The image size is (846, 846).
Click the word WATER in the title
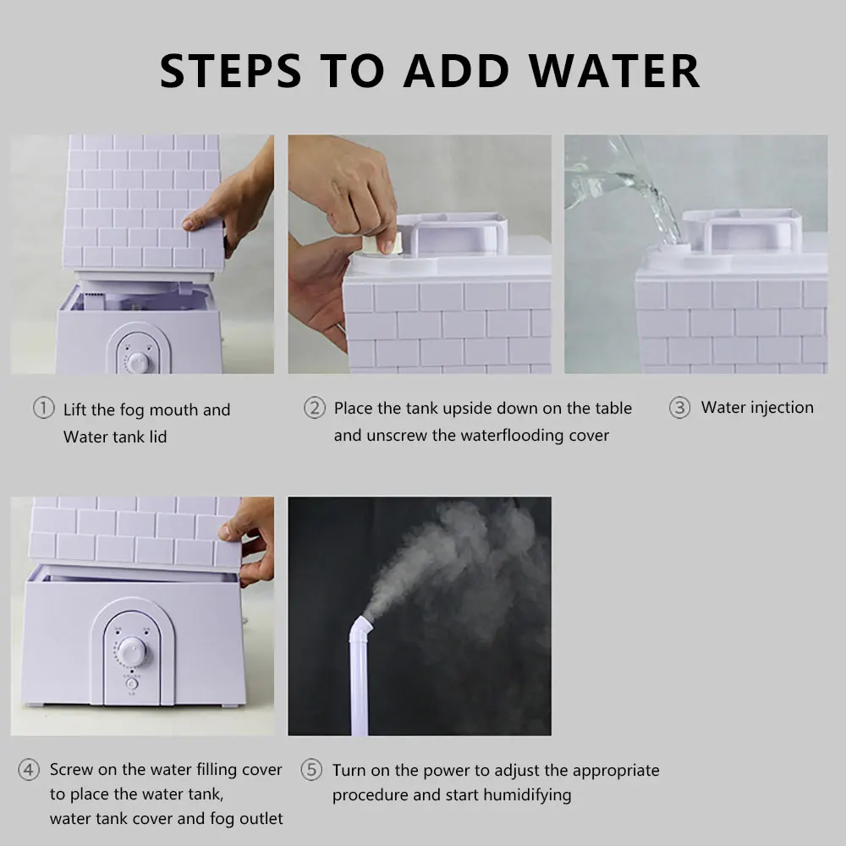[x=614, y=71]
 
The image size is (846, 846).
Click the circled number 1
[x=44, y=408]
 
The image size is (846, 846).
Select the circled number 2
[x=315, y=408]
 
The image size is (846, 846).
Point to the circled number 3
[x=680, y=408]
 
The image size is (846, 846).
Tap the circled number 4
[x=29, y=769]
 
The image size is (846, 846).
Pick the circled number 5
[x=311, y=769]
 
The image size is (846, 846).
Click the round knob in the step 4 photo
[x=133, y=651]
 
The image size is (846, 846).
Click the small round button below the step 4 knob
[x=132, y=684]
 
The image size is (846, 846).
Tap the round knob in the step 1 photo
[x=139, y=363]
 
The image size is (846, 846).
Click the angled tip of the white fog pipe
[x=361, y=626]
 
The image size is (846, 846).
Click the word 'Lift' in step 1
[x=74, y=409]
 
